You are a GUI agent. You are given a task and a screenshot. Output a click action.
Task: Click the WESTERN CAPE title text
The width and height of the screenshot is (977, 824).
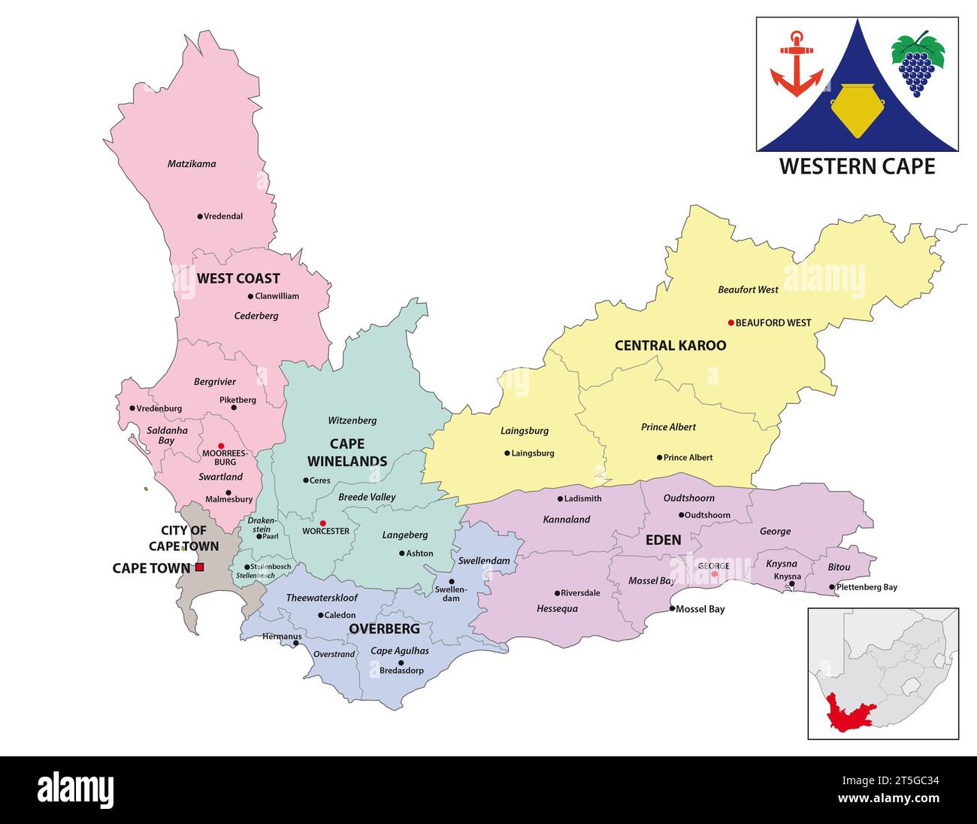[857, 166]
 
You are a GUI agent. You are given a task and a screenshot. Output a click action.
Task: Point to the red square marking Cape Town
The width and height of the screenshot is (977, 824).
[199, 568]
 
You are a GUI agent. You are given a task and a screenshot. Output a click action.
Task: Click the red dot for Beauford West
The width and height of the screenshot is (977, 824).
[730, 323]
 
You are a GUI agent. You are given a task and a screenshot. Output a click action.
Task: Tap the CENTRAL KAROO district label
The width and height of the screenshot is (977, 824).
[670, 346]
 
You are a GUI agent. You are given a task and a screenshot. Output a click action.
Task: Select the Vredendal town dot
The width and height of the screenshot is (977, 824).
[200, 217]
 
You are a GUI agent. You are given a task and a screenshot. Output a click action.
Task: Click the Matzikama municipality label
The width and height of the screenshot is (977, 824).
[192, 164]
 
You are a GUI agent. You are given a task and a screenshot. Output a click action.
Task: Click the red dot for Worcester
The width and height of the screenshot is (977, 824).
[323, 523]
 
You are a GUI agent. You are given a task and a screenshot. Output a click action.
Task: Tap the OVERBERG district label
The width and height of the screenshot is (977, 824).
[384, 629]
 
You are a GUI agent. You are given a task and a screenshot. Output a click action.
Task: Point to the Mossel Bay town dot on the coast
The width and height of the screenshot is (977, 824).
[672, 608]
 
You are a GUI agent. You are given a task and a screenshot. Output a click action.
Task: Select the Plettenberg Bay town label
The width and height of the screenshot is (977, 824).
[867, 587]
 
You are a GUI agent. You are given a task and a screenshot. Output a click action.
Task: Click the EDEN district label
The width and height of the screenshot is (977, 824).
[664, 540]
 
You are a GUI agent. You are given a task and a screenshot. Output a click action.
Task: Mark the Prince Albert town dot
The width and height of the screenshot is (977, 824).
[659, 457]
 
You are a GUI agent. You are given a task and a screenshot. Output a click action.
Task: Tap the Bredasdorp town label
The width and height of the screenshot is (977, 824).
[401, 671]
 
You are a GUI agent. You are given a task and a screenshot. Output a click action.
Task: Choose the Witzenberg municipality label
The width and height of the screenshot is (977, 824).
[352, 421]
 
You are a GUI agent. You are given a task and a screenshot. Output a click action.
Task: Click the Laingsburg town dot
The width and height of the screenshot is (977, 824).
[507, 453]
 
